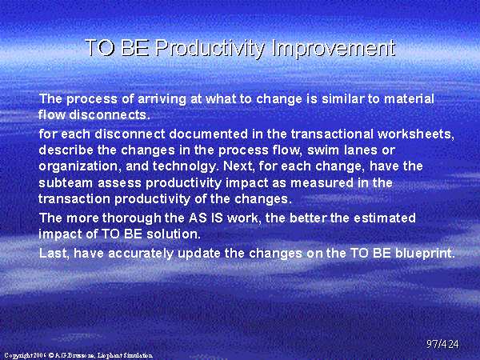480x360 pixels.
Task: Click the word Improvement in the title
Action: tap(334, 48)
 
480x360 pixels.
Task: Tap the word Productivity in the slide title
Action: tap(210, 49)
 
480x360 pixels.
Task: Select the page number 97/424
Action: tap(442, 344)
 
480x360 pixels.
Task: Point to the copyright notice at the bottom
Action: tap(78, 355)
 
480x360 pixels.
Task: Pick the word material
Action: tap(409, 99)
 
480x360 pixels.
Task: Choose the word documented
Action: tap(209, 134)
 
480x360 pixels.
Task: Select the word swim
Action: tap(323, 150)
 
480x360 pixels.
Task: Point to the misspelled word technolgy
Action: tap(186, 166)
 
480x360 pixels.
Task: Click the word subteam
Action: tap(66, 183)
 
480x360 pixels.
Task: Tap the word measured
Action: tap(322, 183)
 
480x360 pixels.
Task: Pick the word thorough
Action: tap(132, 218)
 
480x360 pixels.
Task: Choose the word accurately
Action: tap(141, 254)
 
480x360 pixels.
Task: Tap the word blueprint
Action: tap(425, 253)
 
